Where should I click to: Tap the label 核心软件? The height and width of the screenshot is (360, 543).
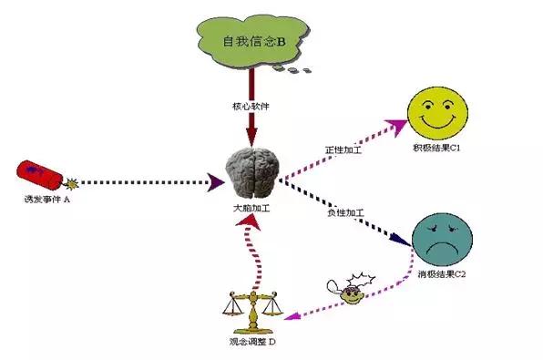tap(251, 107)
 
